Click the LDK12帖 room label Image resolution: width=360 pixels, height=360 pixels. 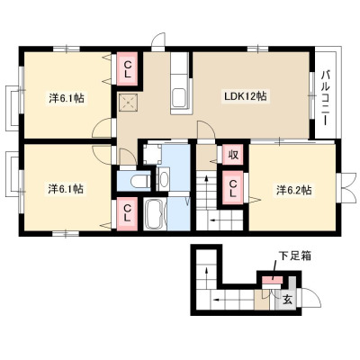[246, 96]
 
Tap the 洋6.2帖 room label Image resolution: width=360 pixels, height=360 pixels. [293, 190]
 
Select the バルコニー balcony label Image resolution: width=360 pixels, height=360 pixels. [326, 97]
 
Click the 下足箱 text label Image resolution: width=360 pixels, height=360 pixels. [295, 256]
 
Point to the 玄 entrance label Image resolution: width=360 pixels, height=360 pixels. [287, 300]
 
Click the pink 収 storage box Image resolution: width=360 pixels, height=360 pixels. [233, 154]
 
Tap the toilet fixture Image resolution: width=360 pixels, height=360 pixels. [140, 181]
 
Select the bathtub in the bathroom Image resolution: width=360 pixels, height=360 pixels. [155, 214]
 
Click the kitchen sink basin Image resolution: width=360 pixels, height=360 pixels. [180, 97]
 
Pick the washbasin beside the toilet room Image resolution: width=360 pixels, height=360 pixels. [164, 179]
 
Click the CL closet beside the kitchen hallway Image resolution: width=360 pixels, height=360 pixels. [127, 68]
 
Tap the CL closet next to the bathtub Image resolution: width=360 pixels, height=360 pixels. [127, 214]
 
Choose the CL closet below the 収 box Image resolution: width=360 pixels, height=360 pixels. [233, 187]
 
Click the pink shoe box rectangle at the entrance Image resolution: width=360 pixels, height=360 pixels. [273, 280]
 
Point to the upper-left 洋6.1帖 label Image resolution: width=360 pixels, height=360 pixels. [67, 98]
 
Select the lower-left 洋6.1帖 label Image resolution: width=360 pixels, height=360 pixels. [66, 189]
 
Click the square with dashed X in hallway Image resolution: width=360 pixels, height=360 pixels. [129, 103]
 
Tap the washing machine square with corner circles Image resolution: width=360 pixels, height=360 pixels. [152, 155]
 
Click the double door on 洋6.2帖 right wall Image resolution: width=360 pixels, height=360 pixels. [348, 188]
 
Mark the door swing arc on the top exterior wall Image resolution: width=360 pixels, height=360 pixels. [158, 40]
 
